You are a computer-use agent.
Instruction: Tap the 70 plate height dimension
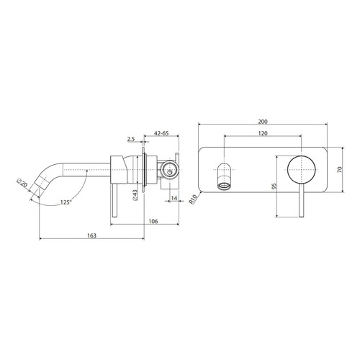pyautogui.click(x=340, y=169)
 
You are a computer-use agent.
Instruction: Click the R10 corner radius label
pyautogui.click(x=193, y=199)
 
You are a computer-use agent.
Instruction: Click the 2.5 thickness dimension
pyautogui.click(x=130, y=140)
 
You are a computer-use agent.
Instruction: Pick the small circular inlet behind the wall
pyautogui.click(x=169, y=170)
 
